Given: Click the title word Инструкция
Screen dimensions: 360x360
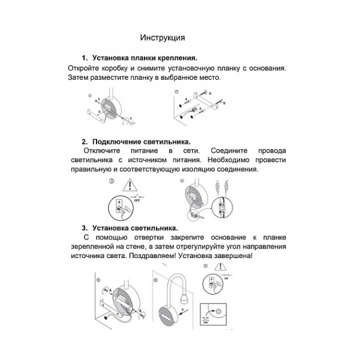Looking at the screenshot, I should [x=162, y=38].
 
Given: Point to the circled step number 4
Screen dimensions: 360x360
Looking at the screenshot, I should [x=182, y=180].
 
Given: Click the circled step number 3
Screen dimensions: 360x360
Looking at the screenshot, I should [x=110, y=180].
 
